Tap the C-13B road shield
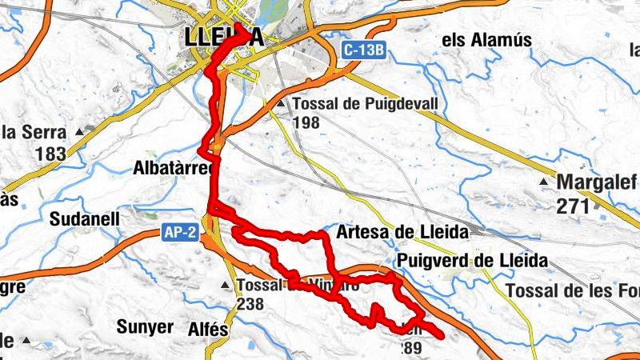pos(365,50)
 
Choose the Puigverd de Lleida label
pos(472,261)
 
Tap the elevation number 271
pos(573,206)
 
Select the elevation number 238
pos(250,303)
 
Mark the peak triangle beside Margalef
pos(544,182)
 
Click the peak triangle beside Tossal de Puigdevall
pos(281,104)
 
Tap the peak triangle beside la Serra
pos(79,130)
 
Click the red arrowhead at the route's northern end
pos(244,30)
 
